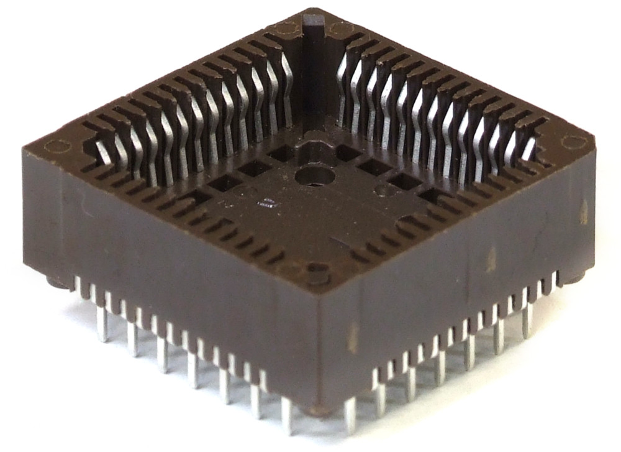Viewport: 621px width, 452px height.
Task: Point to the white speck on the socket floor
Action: tap(266, 201)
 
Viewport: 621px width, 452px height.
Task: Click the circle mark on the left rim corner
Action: tap(57, 148)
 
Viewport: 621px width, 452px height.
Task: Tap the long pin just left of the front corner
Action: tap(286, 415)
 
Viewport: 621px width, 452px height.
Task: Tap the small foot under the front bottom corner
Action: tap(320, 411)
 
